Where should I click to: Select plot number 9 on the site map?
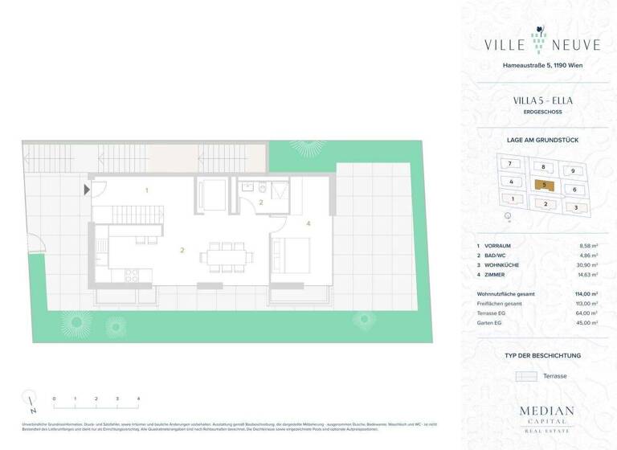pos(572,170)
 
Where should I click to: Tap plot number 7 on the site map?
pos(509,163)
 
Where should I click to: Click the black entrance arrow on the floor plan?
pos(87,190)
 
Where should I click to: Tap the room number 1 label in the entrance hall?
pos(146,190)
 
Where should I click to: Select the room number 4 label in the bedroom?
pos(308,223)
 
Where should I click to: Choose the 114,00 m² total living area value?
pos(586,293)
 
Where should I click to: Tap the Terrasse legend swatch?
pos(526,376)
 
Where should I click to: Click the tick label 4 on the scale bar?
pos(138,399)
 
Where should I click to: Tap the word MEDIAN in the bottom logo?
pos(546,411)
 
